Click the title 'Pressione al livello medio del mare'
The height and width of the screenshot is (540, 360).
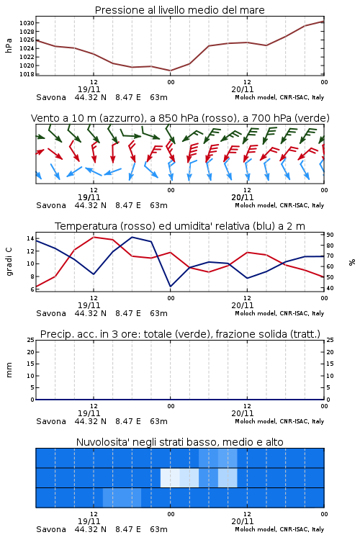[179, 10]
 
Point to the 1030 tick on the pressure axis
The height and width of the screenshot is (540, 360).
[27, 23]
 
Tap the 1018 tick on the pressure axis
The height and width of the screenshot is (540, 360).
[27, 74]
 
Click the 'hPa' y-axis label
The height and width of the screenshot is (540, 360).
[9, 45]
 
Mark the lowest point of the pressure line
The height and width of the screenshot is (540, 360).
[170, 71]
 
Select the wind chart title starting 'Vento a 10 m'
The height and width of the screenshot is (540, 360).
[180, 118]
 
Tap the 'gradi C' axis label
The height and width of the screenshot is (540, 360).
[9, 261]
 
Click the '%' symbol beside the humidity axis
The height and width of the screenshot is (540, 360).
[352, 262]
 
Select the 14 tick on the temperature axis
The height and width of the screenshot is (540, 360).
[30, 238]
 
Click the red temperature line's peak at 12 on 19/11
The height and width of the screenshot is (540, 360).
[94, 237]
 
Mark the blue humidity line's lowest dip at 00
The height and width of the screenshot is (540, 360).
[171, 287]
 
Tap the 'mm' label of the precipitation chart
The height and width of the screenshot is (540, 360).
[9, 370]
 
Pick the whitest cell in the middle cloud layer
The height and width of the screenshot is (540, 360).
[170, 477]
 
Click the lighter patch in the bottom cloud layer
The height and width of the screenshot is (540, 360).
[122, 498]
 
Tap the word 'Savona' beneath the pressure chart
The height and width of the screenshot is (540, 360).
[51, 97]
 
